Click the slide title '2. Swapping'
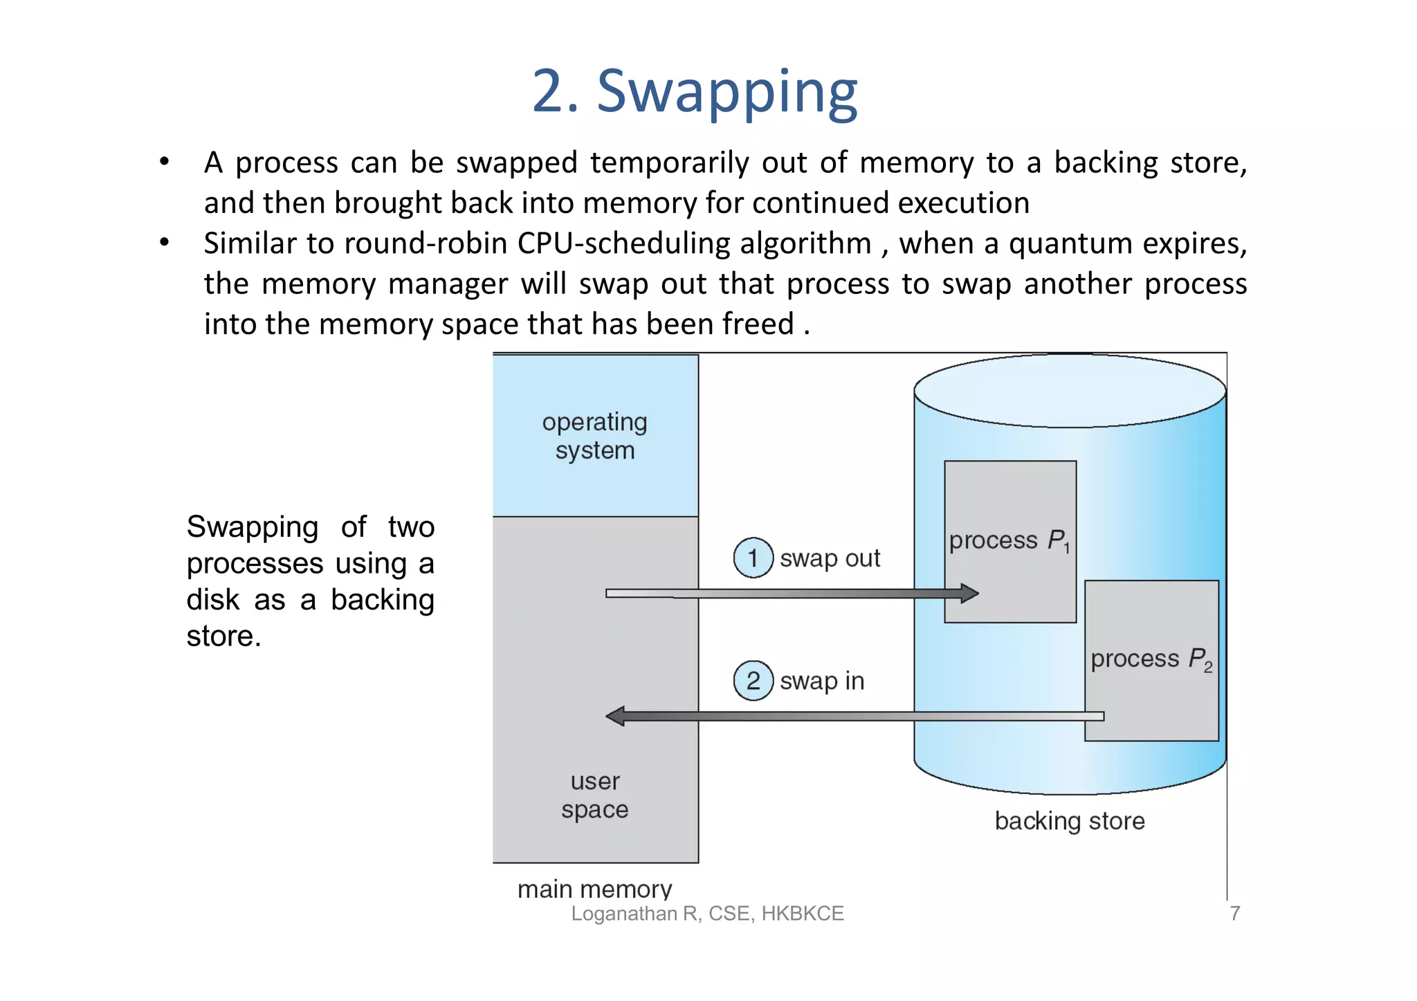695,92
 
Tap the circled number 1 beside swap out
753,558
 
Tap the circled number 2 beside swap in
753,681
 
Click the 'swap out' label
830,558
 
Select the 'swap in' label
822,681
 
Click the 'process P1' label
1009,541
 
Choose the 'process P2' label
1151,659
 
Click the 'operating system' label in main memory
595,436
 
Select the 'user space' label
595,795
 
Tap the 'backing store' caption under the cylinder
1070,821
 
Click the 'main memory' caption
594,889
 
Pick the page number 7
1234,914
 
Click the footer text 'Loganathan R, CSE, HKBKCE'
707,914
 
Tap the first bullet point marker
164,162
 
